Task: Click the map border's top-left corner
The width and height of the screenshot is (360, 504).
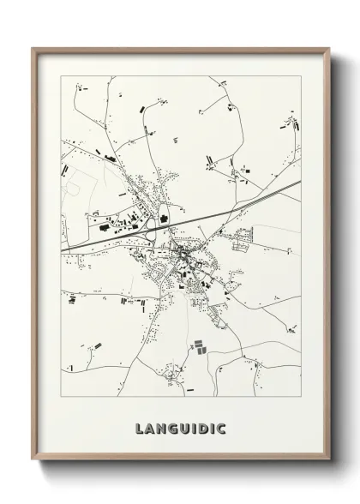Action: click(x=61, y=76)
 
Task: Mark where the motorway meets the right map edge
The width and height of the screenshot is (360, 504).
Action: click(x=300, y=181)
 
